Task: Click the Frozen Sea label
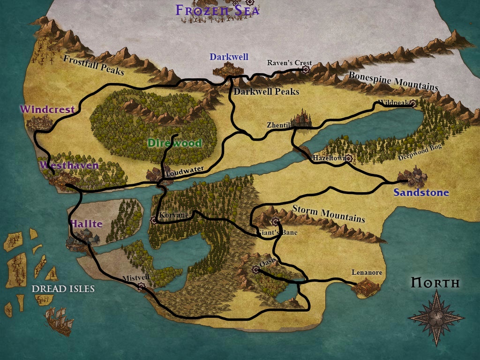pyautogui.click(x=217, y=10)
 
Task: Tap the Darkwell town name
pyautogui.click(x=229, y=57)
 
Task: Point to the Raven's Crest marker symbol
pyautogui.click(x=306, y=69)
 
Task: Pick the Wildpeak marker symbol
pyautogui.click(x=412, y=103)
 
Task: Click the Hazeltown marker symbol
pyautogui.click(x=348, y=158)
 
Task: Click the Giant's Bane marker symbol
pyautogui.click(x=275, y=221)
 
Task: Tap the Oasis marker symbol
pyautogui.click(x=255, y=269)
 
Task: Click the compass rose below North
pyautogui.click(x=436, y=317)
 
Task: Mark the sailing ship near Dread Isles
pyautogui.click(x=59, y=321)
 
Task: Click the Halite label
pyautogui.click(x=86, y=224)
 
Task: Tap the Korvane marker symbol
pyautogui.click(x=153, y=219)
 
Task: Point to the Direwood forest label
pyautogui.click(x=174, y=143)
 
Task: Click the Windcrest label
pyautogui.click(x=47, y=109)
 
